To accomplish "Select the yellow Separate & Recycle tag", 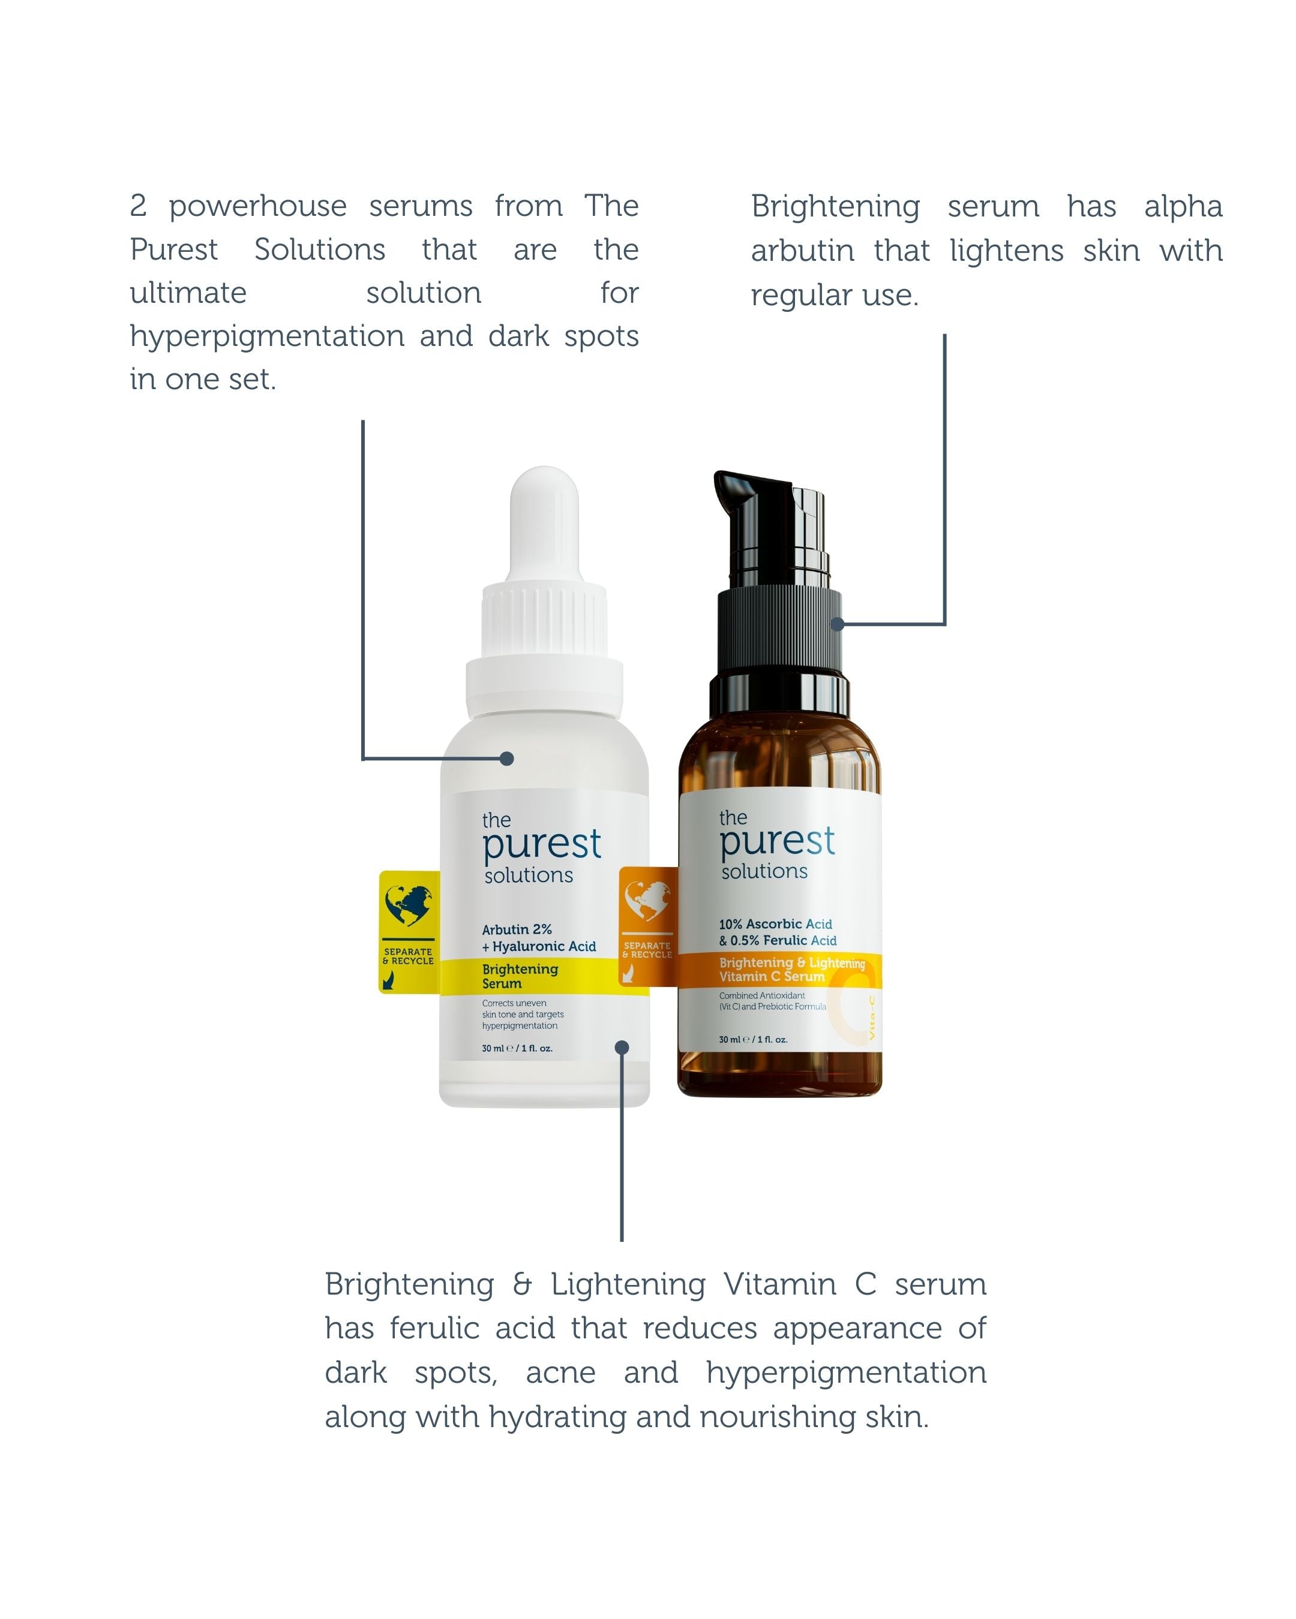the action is tap(409, 932).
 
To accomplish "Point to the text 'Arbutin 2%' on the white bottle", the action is tap(517, 929).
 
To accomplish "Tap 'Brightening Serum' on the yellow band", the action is tap(520, 976).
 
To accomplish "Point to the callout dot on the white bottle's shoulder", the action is tap(507, 759).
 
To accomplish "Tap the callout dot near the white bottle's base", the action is tap(622, 1048).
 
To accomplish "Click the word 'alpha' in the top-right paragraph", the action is tap(1183, 206).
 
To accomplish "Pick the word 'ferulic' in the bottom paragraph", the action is tap(434, 1328).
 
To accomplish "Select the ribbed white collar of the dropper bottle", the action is tap(544, 620).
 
